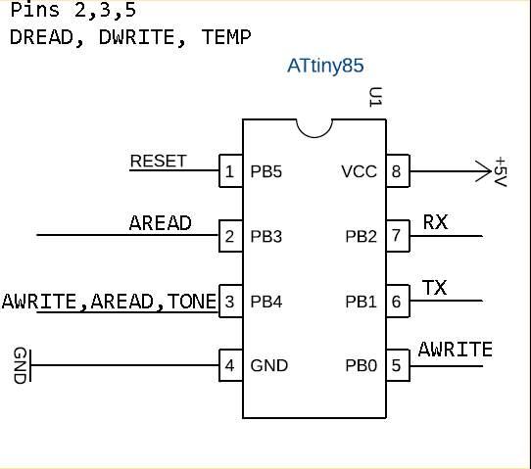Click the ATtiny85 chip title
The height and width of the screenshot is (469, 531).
(325, 66)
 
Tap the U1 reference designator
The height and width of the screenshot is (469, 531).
(375, 97)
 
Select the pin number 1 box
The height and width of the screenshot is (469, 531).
(230, 171)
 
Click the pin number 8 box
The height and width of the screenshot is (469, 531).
(398, 171)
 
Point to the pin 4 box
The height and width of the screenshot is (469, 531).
(230, 365)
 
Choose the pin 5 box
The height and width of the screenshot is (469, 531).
(398, 365)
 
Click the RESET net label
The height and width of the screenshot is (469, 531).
(158, 162)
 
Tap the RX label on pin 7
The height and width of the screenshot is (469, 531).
(436, 222)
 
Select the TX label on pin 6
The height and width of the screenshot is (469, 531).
(434, 288)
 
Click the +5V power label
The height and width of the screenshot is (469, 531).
(501, 171)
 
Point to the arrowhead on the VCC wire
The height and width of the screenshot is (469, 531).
(484, 171)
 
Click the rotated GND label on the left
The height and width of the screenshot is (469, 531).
(20, 365)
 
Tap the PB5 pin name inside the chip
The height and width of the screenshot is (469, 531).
(265, 171)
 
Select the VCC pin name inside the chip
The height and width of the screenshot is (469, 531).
(359, 171)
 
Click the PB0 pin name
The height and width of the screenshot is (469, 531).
(361, 365)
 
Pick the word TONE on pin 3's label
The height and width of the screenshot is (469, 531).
(192, 302)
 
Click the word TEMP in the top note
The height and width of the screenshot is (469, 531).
(226, 37)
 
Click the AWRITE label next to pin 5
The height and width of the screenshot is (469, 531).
(456, 350)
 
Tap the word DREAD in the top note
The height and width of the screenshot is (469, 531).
(41, 37)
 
